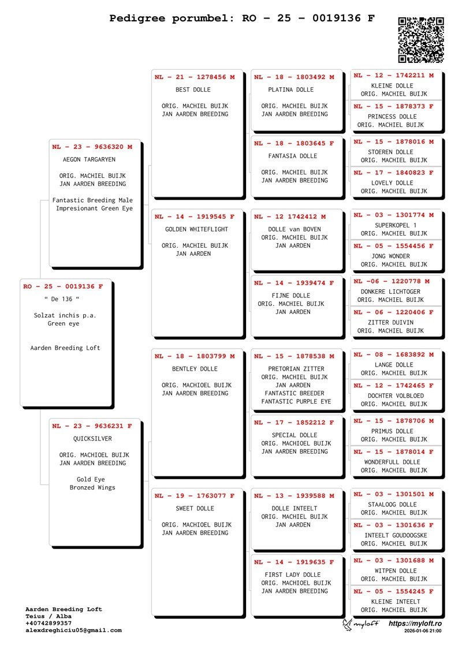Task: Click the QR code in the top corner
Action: point(420,40)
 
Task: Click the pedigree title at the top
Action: point(243,18)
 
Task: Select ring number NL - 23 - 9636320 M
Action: point(92,147)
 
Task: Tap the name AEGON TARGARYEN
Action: point(89,159)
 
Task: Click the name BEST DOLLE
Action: point(193,89)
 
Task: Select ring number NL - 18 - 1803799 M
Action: point(195,356)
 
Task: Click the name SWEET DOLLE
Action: point(195,509)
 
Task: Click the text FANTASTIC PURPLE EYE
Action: point(296,401)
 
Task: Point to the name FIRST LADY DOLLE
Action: point(292,574)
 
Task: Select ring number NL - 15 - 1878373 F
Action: point(394,106)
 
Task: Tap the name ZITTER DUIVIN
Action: point(390,322)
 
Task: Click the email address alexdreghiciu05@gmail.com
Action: point(73,630)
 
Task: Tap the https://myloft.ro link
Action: point(415,624)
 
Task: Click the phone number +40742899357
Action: point(50,623)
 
